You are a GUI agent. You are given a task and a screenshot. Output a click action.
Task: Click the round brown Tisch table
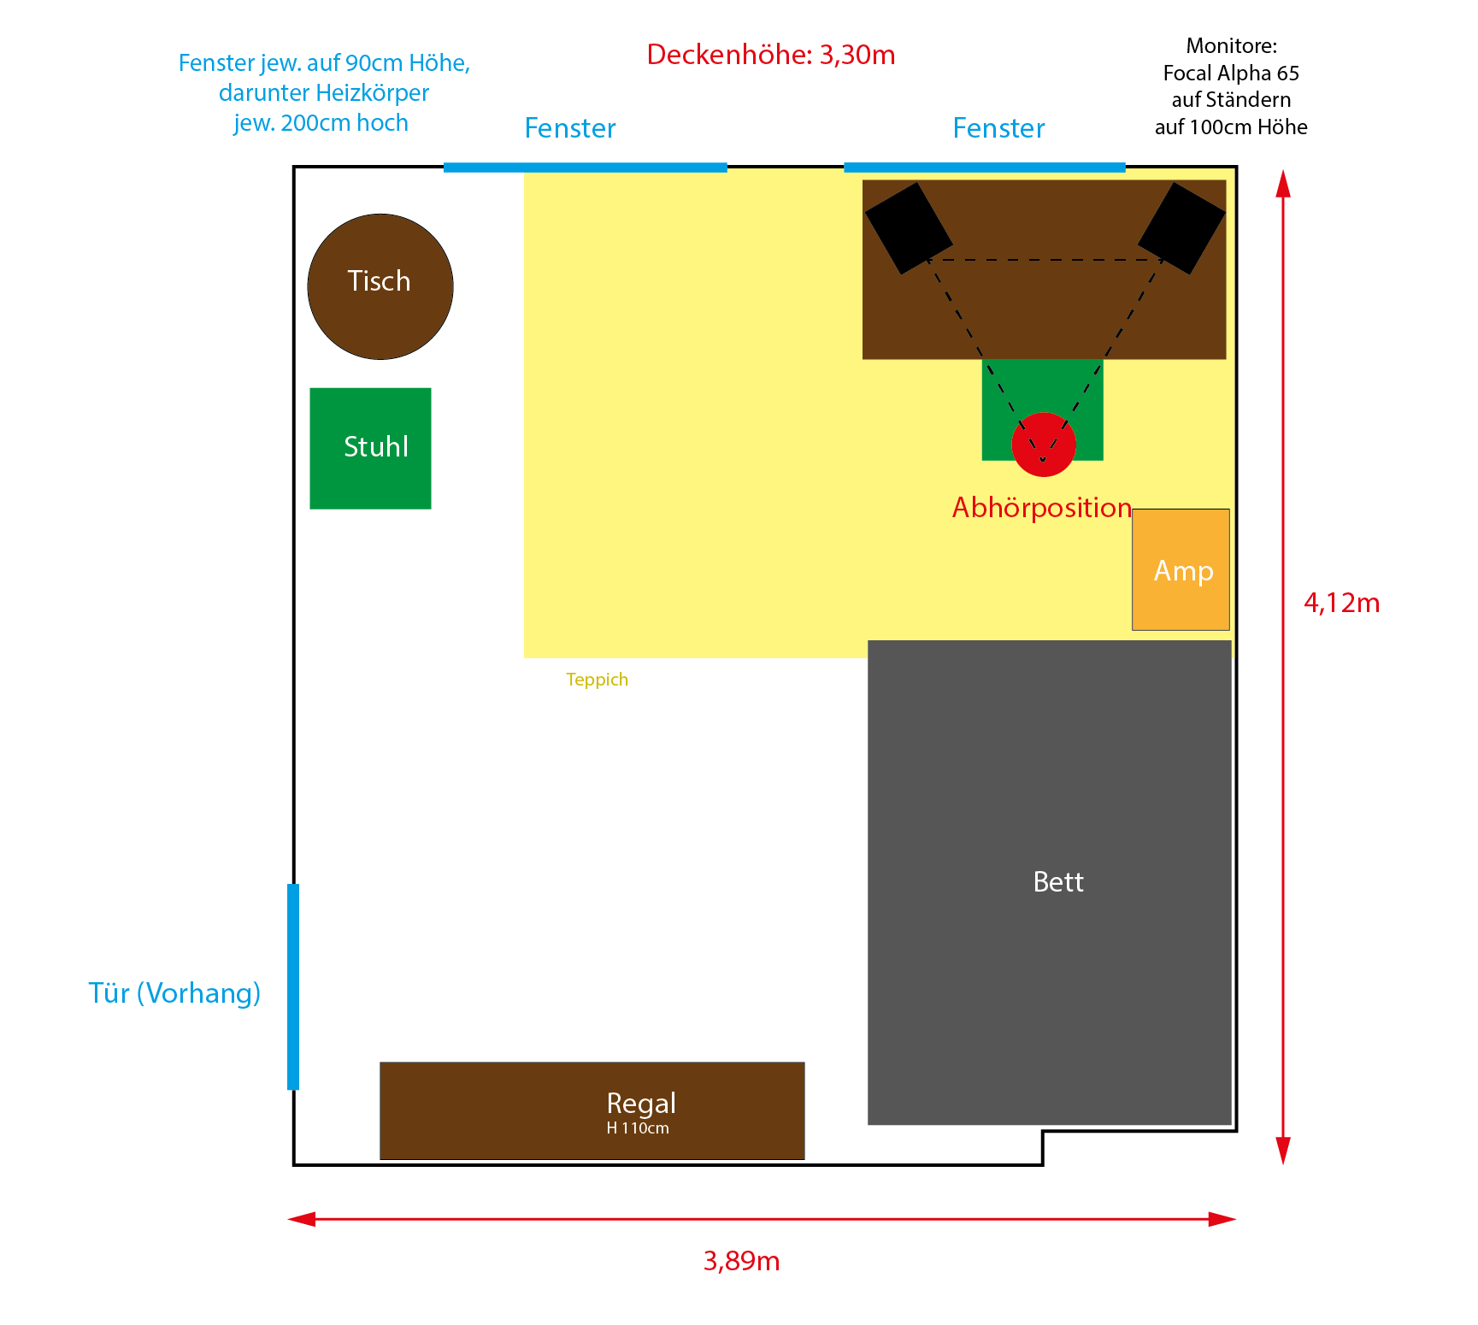pos(380,286)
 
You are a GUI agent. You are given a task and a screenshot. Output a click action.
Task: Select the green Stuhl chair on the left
pos(370,449)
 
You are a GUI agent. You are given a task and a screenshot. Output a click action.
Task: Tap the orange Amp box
pos(1181,569)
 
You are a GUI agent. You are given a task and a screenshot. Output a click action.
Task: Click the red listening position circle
pos(1044,445)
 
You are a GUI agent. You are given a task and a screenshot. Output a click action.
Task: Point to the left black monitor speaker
pos(909,228)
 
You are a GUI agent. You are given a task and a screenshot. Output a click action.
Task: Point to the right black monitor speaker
pos(1182,228)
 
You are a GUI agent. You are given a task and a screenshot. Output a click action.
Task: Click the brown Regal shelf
pos(592,1110)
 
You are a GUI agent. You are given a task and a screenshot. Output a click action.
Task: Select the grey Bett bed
pos(1050,882)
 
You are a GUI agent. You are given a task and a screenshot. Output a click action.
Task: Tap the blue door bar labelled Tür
pos(293,986)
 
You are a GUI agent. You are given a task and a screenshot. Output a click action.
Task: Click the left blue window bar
pos(586,168)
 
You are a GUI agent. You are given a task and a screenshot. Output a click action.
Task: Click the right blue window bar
pos(985,168)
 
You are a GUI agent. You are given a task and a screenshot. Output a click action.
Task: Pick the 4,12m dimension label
pos(1341,604)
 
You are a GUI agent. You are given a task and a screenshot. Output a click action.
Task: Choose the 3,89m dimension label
pos(741,1261)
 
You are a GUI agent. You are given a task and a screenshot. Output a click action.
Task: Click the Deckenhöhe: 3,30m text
pos(771,55)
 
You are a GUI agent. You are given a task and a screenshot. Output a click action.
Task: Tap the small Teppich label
pos(597,680)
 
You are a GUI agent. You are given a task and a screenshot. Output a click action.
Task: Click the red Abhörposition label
pos(1042,508)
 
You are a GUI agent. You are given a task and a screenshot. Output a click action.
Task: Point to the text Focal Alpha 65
pos(1231,73)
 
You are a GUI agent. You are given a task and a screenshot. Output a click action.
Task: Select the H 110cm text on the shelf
pos(638,1128)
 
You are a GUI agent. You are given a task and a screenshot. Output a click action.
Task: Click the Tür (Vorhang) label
pos(174,993)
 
